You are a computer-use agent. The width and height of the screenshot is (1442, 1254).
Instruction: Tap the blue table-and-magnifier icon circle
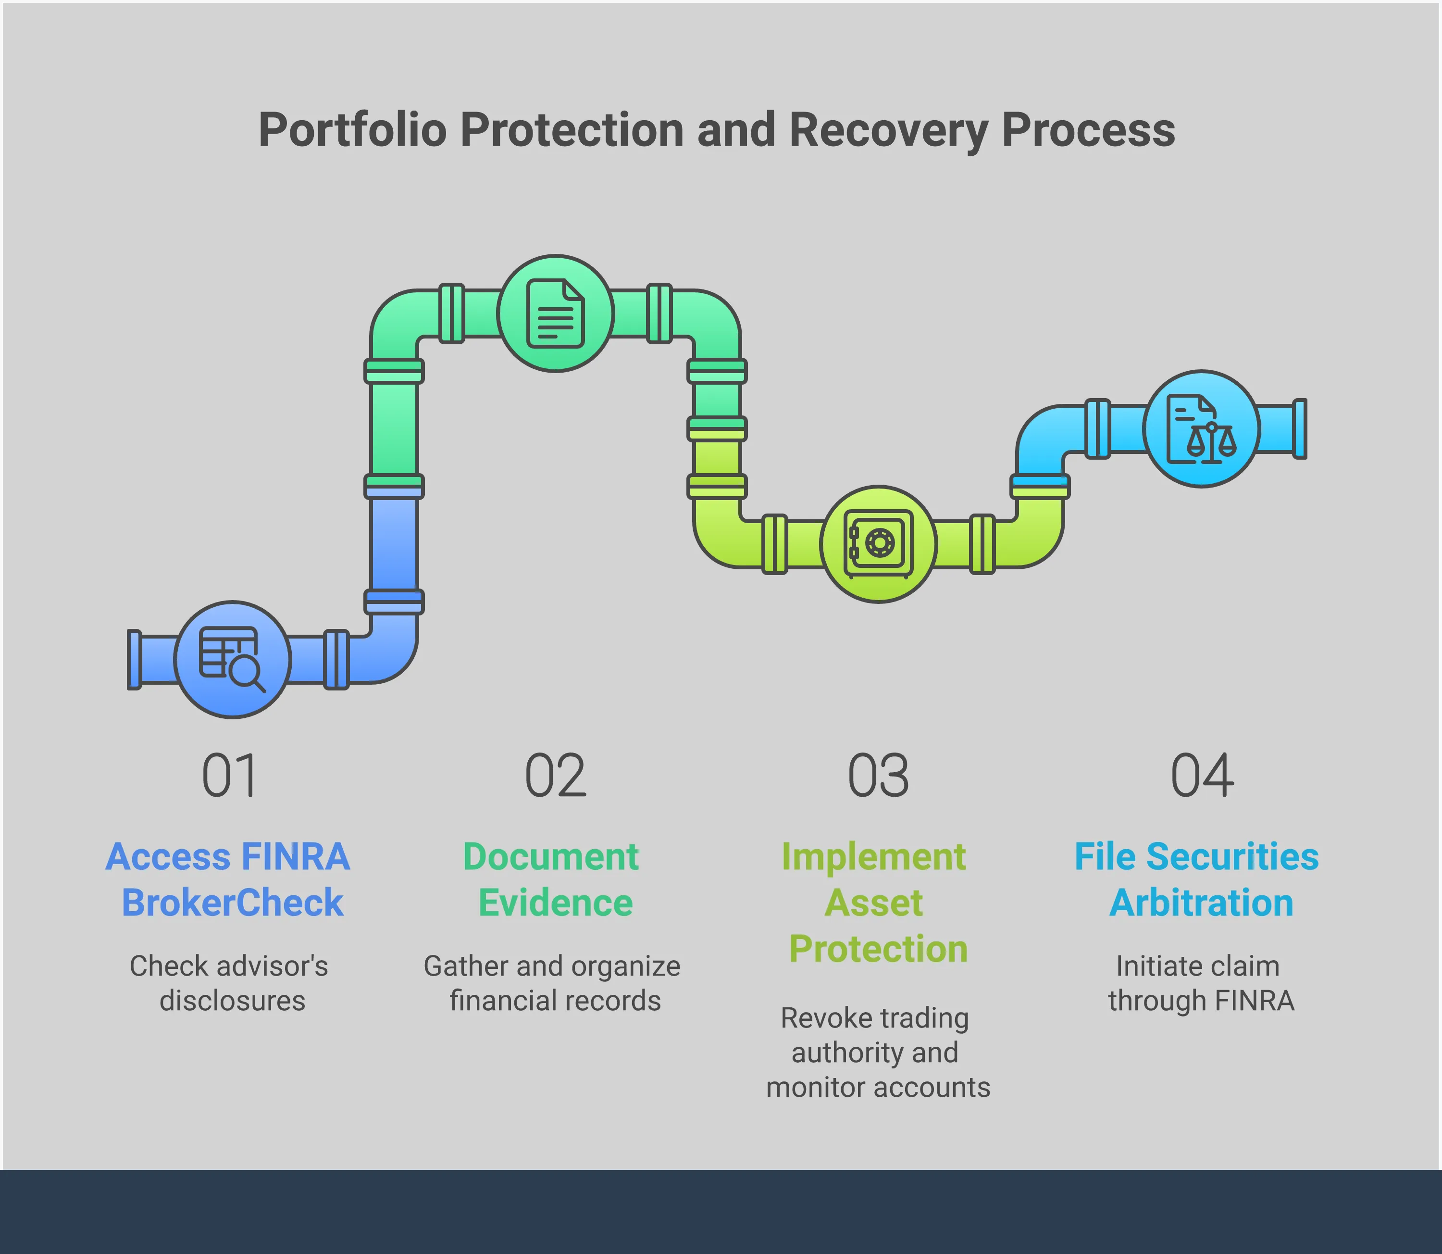point(232,659)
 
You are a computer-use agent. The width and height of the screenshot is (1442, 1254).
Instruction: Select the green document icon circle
point(556,313)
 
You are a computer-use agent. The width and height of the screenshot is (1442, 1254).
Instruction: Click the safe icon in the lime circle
point(878,544)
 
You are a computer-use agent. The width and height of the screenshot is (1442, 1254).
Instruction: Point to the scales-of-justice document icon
point(1201,428)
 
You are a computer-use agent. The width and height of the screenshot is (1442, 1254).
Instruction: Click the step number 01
point(229,776)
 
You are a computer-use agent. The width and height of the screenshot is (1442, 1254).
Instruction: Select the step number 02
point(556,776)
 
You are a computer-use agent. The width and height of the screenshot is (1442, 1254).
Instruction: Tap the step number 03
point(878,776)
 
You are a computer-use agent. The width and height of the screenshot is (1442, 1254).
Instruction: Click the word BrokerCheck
point(232,903)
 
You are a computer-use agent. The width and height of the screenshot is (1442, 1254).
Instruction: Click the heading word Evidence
point(556,903)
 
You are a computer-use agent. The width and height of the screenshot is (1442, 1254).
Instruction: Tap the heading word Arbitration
point(1201,903)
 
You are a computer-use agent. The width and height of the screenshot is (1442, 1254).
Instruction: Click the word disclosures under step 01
point(232,1001)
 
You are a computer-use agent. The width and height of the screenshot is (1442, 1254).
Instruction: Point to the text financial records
point(556,1001)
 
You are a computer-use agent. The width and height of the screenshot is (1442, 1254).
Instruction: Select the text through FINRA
point(1201,1001)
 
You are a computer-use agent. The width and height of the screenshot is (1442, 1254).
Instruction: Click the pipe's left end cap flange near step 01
point(134,659)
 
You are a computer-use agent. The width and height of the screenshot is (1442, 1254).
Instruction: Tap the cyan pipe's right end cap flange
point(1299,428)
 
